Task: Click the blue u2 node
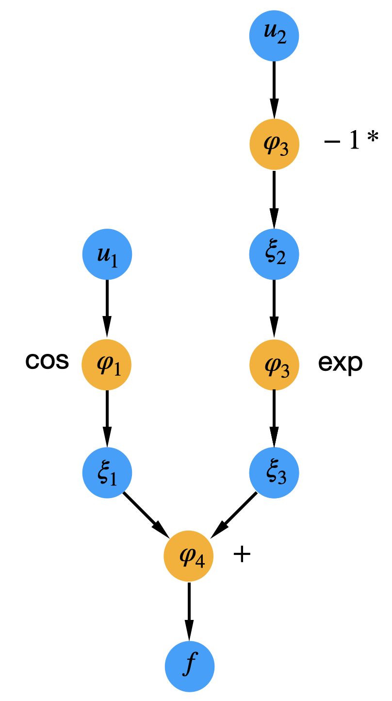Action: pyautogui.click(x=274, y=36)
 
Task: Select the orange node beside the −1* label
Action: pyautogui.click(x=274, y=145)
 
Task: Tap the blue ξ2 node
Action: pyautogui.click(x=274, y=254)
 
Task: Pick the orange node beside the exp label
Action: pyautogui.click(x=274, y=364)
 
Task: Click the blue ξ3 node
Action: pyautogui.click(x=274, y=473)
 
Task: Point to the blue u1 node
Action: pyautogui.click(x=107, y=254)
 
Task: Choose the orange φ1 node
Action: pyautogui.click(x=107, y=364)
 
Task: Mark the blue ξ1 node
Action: pyautogui.click(x=107, y=473)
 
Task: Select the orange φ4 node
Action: pyautogui.click(x=189, y=556)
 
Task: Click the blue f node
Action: pyautogui.click(x=190, y=666)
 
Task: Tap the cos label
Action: pyautogui.click(x=47, y=362)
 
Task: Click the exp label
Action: pyautogui.click(x=340, y=363)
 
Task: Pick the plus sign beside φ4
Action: pyautogui.click(x=242, y=554)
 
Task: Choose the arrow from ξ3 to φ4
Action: pyautogui.click(x=234, y=515)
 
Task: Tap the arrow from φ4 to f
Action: pyautogui.click(x=189, y=611)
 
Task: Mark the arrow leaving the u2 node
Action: pyautogui.click(x=274, y=90)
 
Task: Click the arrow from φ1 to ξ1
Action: pyautogui.click(x=107, y=418)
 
